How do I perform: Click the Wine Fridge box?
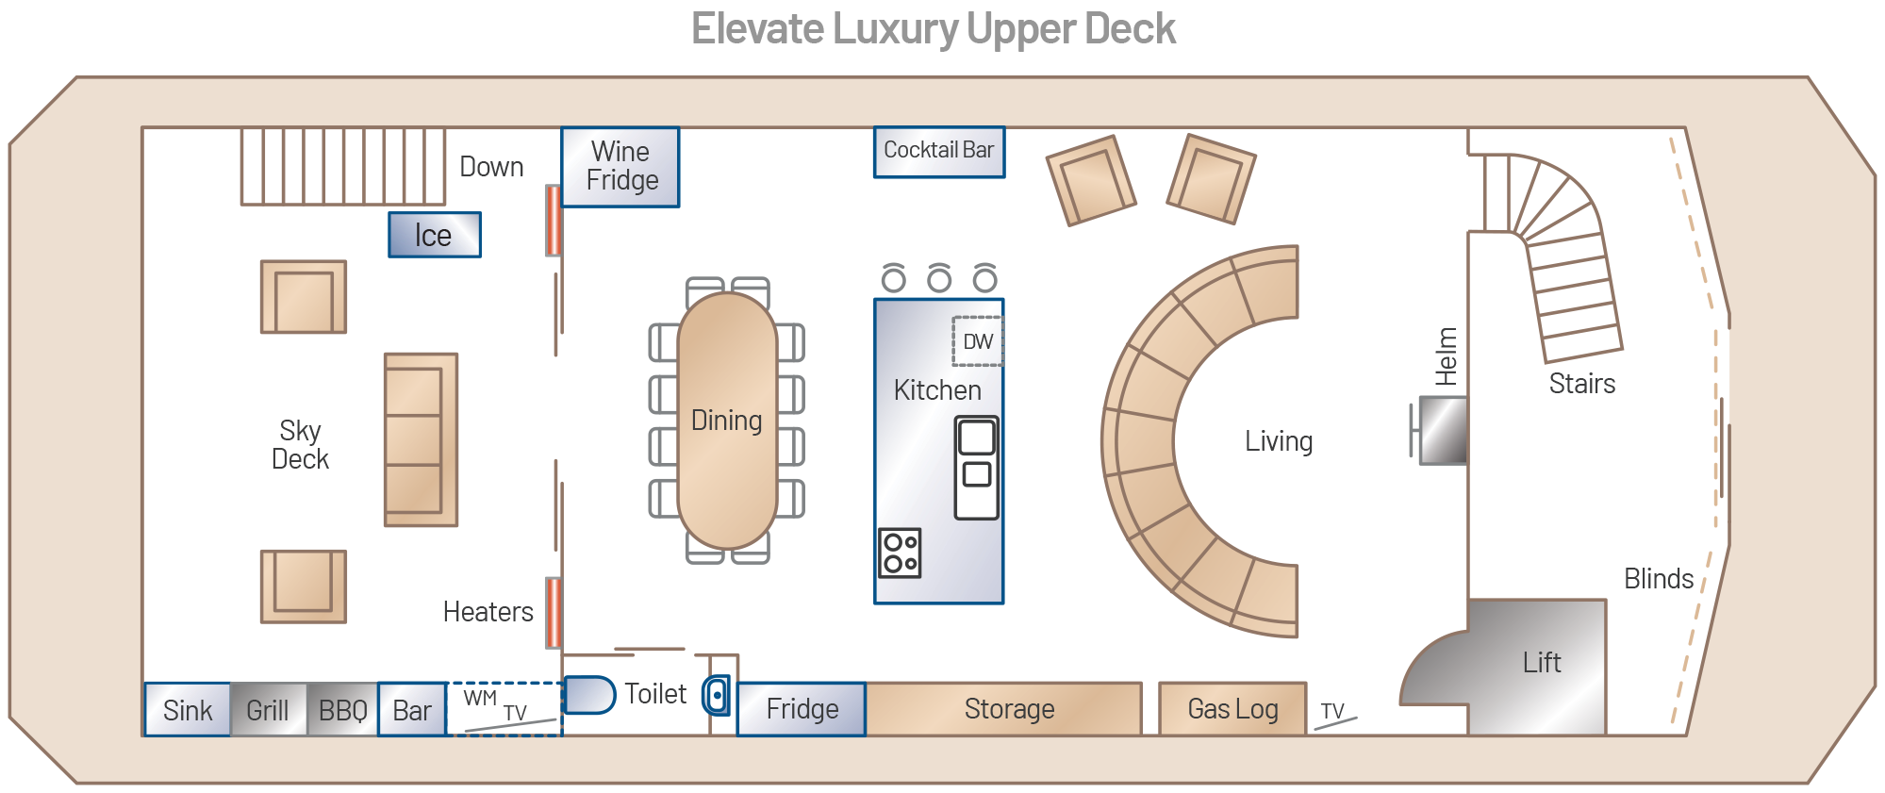click(620, 167)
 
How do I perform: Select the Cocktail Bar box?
click(938, 152)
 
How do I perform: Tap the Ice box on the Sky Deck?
click(434, 235)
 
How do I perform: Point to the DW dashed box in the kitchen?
click(977, 341)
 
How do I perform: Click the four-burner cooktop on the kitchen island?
click(900, 553)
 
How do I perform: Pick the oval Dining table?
click(727, 421)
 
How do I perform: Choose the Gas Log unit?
click(1232, 709)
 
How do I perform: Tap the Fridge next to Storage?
click(802, 709)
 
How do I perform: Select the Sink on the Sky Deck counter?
click(188, 710)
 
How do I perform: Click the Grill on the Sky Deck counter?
click(268, 710)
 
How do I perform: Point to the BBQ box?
click(342, 710)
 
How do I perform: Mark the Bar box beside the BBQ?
click(412, 710)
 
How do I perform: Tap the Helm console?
click(1444, 431)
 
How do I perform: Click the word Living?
click(1278, 441)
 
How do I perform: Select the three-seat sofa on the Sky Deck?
click(421, 439)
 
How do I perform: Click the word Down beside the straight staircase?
click(491, 167)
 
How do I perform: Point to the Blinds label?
click(1658, 579)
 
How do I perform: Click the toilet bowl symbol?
click(588, 695)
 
